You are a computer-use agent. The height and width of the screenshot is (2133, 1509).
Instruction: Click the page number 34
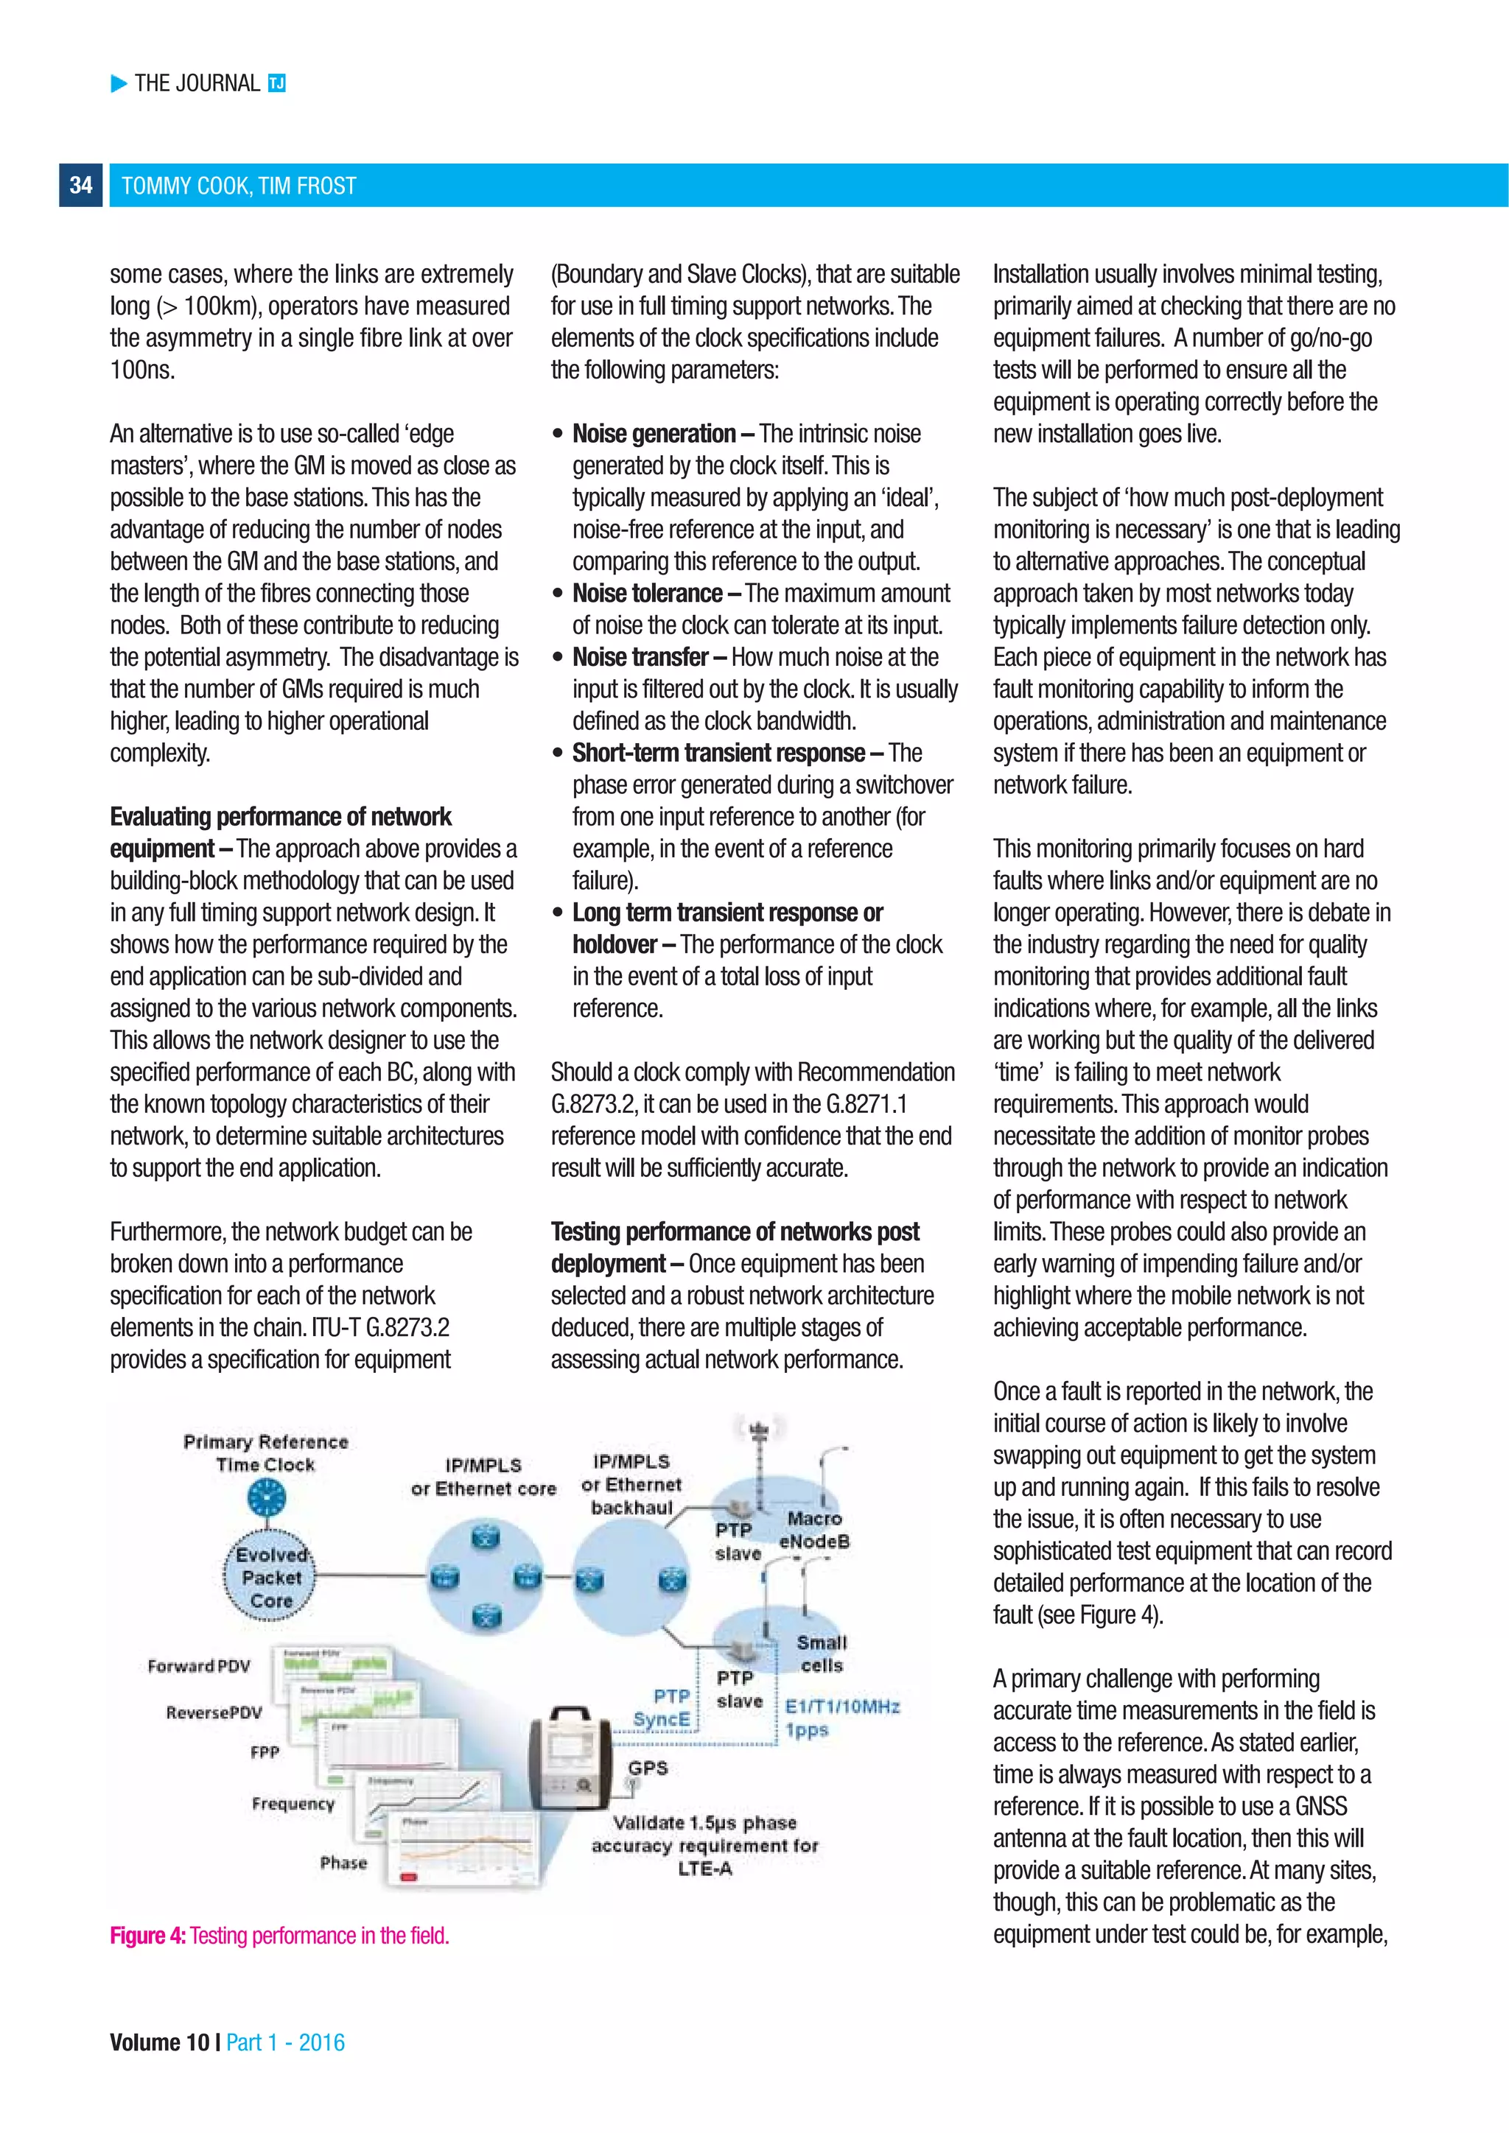click(x=81, y=185)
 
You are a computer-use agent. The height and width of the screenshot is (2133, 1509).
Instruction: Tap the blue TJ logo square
click(x=276, y=84)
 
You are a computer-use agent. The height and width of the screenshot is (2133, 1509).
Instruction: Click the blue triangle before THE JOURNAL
click(x=119, y=84)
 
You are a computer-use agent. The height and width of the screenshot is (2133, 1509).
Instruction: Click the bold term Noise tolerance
click(x=647, y=593)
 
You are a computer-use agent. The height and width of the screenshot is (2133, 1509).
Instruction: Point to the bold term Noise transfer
click(x=640, y=657)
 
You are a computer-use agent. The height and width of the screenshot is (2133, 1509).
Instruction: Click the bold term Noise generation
click(x=654, y=434)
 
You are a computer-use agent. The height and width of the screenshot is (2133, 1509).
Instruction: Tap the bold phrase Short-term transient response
click(x=718, y=753)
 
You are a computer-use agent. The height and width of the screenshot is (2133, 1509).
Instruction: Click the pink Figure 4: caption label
click(x=148, y=1935)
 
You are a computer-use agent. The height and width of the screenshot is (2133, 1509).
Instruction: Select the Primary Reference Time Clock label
click(x=266, y=1453)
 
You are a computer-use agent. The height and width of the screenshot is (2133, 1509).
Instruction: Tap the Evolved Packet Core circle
click(x=270, y=1578)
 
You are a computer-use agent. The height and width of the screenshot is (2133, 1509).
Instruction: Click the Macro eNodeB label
click(x=814, y=1529)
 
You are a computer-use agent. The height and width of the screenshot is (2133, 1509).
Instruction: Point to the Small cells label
click(x=822, y=1654)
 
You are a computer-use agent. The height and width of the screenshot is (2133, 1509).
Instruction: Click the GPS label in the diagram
click(x=648, y=1767)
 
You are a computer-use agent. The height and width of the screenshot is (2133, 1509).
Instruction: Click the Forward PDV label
click(x=199, y=1666)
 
